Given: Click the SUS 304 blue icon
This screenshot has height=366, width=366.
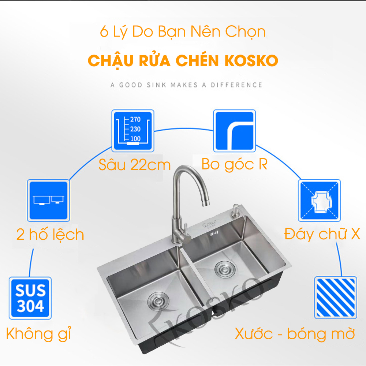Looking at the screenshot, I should pyautogui.click(x=30, y=298).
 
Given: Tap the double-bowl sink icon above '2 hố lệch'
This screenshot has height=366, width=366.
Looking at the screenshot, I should pyautogui.click(x=48, y=200).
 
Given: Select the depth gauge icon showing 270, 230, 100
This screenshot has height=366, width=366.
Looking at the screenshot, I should pyautogui.click(x=133, y=131).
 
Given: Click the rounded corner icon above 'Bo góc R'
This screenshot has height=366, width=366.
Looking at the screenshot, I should pyautogui.click(x=234, y=131).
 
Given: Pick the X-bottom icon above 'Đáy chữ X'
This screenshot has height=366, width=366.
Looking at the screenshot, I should pyautogui.click(x=319, y=200).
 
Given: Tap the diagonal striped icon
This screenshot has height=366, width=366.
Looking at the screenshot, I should pyautogui.click(x=335, y=297).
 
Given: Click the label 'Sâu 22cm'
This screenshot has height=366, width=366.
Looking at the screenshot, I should pyautogui.click(x=135, y=165).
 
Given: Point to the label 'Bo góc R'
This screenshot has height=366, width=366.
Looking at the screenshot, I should pyautogui.click(x=234, y=164).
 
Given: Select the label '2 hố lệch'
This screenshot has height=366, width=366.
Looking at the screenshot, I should pyautogui.click(x=50, y=235).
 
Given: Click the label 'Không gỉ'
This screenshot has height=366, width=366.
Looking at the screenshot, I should pyautogui.click(x=38, y=334).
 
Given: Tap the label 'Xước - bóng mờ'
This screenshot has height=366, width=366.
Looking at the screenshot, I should pyautogui.click(x=295, y=334).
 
